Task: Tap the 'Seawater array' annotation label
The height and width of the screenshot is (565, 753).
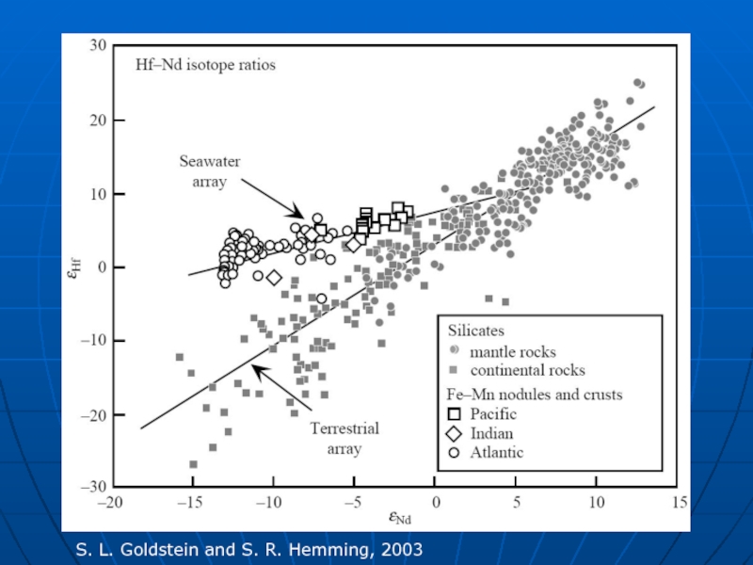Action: click(210, 171)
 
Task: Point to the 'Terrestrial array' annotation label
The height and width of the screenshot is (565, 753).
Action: click(344, 439)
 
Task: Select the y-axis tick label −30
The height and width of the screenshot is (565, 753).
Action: click(94, 488)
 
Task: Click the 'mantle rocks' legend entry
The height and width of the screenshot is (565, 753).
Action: click(513, 352)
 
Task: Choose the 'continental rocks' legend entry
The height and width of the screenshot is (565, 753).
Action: click(528, 370)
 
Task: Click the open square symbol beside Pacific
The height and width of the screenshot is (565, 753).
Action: click(454, 413)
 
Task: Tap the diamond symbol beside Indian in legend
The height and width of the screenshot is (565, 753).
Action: click(454, 433)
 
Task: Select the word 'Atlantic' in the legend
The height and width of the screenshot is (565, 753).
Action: click(497, 453)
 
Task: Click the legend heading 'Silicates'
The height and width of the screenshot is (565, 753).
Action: click(475, 331)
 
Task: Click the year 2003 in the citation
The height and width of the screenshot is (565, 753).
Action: click(403, 548)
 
